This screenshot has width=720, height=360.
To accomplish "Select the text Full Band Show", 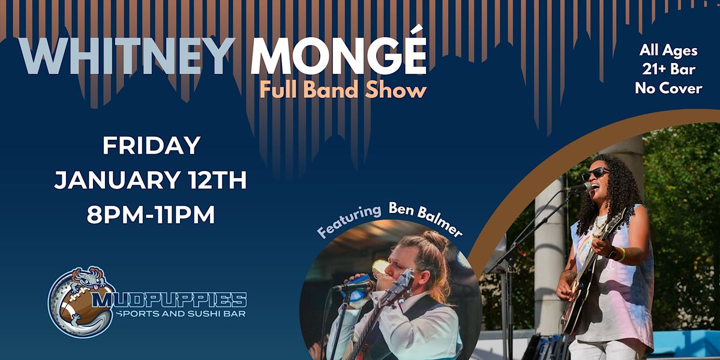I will point(343,90).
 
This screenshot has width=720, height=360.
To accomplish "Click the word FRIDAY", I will point(151,145).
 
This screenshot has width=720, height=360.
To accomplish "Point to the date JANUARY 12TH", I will point(151,181).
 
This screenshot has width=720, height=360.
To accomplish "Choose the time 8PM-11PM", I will point(151,215).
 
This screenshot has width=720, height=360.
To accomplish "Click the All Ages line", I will point(668,51).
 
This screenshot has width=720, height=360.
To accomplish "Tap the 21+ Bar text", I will point(668,70).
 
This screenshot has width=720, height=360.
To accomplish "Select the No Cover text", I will point(668,88).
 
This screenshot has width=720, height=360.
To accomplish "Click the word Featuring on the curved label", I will point(349,221).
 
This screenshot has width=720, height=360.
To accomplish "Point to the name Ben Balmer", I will point(425,217).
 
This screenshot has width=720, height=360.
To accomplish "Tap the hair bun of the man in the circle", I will point(436,241).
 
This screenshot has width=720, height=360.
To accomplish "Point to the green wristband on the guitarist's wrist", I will point(622,254).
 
